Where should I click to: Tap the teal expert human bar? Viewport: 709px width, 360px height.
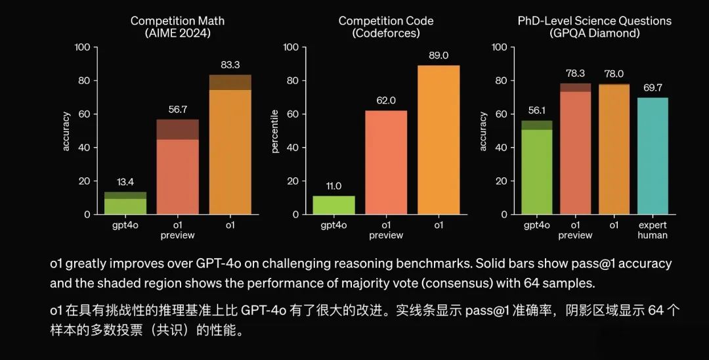tap(652, 156)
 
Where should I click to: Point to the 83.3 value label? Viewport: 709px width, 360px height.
tap(230, 64)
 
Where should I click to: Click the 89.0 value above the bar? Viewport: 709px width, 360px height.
tap(438, 55)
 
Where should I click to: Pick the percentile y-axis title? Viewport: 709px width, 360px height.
tap(275, 131)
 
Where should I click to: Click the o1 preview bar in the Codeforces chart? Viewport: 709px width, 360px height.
tap(386, 162)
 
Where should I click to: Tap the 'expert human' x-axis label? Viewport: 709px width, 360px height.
tap(652, 230)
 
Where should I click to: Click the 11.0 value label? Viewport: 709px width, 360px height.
tap(333, 186)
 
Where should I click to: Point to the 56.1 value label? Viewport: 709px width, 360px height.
tap(536, 110)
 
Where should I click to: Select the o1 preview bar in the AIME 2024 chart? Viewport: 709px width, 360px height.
tap(177, 167)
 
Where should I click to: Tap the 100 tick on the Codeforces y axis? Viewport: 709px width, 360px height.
tap(291, 47)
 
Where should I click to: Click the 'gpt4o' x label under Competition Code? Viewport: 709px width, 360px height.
tap(333, 225)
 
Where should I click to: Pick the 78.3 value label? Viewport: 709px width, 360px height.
tap(576, 74)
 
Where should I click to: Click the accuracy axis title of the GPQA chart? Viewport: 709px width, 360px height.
tap(483, 131)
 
